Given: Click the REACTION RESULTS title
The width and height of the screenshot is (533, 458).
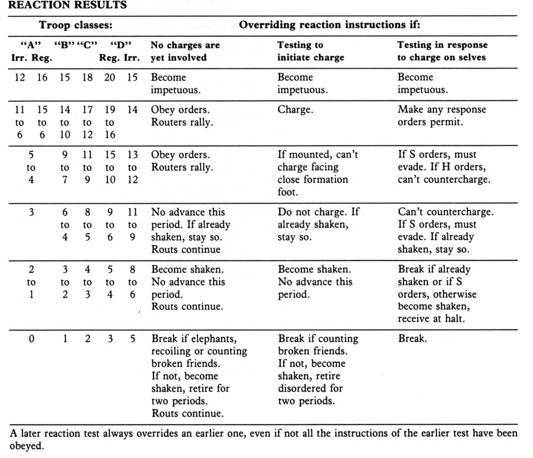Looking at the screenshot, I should (68, 5).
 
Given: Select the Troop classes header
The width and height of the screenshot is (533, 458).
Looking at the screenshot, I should (76, 25).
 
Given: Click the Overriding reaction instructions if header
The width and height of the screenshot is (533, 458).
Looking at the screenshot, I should (329, 25).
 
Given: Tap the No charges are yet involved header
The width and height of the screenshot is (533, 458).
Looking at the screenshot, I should (185, 51).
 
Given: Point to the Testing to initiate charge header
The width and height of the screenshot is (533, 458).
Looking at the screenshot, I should (310, 51).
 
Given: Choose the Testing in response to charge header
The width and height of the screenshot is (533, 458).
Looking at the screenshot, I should (442, 51).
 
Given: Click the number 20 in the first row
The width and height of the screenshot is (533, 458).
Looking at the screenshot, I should (110, 78).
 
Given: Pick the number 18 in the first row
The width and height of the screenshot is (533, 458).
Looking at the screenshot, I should (87, 78).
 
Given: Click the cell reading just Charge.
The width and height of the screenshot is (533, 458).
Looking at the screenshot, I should (295, 110).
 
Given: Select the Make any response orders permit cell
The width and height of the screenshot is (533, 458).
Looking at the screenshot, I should (442, 116).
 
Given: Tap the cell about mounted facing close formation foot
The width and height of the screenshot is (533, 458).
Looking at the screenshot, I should (317, 173).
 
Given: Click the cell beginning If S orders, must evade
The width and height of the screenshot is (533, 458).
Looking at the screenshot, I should (444, 167).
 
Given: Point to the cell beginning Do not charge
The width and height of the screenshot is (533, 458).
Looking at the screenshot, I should (318, 224).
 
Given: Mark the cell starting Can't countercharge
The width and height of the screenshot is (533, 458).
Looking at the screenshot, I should (445, 231).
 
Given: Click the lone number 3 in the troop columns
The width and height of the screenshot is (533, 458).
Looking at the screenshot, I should (31, 212).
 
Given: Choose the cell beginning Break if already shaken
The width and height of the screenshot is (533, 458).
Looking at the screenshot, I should (437, 294).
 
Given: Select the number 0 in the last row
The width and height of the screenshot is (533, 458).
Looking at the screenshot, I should (31, 339).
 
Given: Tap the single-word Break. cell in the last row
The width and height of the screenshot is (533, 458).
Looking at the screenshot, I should (412, 339).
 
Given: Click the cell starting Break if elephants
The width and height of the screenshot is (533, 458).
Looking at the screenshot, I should (199, 376).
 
